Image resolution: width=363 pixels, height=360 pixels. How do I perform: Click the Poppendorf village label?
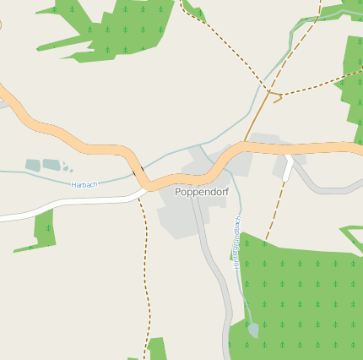coord(202,192)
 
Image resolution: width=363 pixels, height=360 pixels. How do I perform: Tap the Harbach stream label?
coord(84,184)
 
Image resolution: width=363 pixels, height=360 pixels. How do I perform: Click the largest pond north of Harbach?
coord(51,165)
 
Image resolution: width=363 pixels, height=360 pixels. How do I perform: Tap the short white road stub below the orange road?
coord(289,169)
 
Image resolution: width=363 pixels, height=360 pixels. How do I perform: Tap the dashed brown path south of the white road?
coord(147,270)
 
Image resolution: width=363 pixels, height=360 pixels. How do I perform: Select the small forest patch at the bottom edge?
coord(156,349)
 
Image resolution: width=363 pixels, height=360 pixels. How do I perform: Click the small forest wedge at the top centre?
coord(195,11)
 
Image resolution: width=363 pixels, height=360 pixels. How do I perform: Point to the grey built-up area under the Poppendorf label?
coord(181,215)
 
